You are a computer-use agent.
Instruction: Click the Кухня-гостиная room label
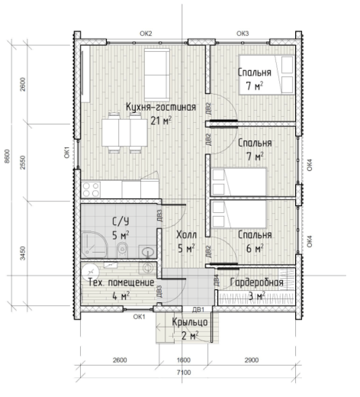(161, 107)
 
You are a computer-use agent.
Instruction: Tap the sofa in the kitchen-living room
(157, 75)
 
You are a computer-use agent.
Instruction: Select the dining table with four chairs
(124, 133)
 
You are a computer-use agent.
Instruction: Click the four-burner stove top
(91, 189)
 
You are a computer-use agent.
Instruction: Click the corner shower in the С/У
(94, 244)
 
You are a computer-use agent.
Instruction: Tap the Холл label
(186, 234)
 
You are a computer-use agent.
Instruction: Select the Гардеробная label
(256, 282)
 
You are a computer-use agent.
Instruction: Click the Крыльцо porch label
(190, 322)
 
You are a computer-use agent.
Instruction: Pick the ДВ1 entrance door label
(198, 309)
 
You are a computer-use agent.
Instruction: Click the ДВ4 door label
(217, 280)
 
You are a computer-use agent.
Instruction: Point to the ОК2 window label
(146, 34)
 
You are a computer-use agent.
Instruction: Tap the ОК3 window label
(243, 34)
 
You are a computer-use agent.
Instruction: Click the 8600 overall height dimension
(7, 157)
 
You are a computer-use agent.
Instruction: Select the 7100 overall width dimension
(184, 373)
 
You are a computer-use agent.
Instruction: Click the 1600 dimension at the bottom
(183, 360)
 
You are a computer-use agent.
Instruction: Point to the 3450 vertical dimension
(23, 253)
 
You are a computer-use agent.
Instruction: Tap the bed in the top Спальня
(266, 75)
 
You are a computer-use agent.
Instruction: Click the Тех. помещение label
(121, 282)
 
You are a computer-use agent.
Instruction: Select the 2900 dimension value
(252, 360)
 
